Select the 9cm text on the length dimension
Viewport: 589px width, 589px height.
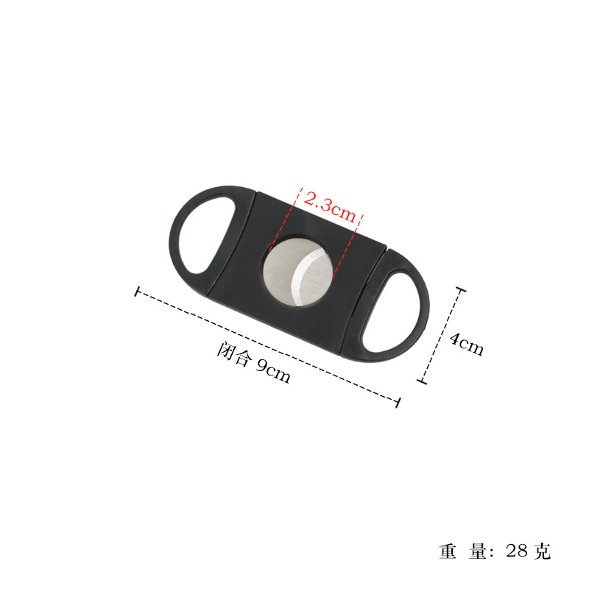(273, 370)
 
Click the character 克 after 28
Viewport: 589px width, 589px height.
(543, 551)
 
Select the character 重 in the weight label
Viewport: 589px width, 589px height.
(448, 551)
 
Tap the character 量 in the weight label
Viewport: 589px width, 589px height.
(478, 551)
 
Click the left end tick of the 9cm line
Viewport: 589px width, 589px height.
(137, 292)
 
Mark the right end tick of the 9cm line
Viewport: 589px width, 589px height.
(398, 402)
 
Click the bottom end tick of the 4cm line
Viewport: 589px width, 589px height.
(422, 381)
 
